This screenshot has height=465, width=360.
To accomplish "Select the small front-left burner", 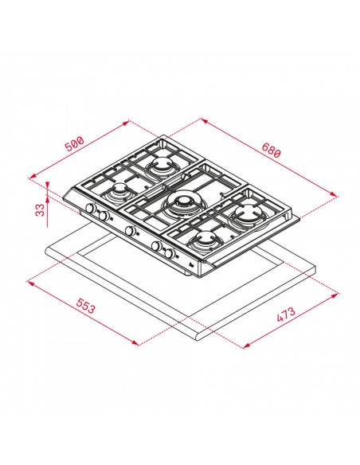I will click(120, 192).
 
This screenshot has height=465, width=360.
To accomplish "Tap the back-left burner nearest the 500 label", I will click(162, 165).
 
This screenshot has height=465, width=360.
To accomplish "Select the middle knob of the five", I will click(127, 231).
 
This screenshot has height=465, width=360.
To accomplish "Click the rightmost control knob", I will click(170, 254).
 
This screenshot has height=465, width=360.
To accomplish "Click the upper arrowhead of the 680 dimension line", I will click(202, 121).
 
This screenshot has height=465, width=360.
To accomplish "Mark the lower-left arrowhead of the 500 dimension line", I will click(31, 178).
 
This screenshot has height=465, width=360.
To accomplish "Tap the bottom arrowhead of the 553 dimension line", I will click(136, 344).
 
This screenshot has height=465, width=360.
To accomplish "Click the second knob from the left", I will click(103, 217).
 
